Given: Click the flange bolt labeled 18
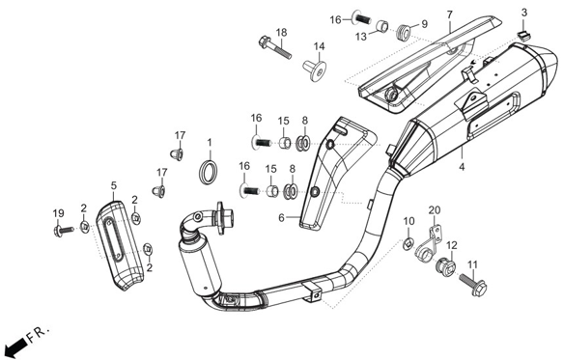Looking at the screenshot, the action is pos(274,47).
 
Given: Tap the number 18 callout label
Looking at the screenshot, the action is pos(282,32).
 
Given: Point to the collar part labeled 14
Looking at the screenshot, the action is pos(315,70).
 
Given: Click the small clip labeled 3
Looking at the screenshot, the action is pos(524,36).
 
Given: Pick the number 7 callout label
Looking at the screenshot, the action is pos(450,14).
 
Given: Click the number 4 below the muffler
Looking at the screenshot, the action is pos(463,167).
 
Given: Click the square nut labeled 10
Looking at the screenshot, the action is pos(408,244).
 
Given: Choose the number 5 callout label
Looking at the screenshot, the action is pos(114,185).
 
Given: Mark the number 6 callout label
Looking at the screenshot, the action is pos(281,217).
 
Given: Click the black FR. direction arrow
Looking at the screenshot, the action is pos(15,346).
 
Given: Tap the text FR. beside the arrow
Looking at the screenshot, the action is pos(39,334).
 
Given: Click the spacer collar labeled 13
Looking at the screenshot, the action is pos(382,26).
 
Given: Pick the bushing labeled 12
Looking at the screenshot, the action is pos(445,267).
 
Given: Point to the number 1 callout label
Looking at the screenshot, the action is pos(210,143).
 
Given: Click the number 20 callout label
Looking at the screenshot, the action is pos(435,209).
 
